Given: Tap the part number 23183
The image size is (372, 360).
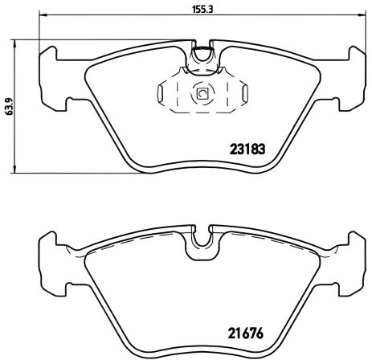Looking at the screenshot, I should click(247, 148).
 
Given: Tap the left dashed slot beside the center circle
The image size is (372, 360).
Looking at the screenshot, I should click(168, 94).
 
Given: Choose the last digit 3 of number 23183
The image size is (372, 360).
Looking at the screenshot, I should click(262, 148).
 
